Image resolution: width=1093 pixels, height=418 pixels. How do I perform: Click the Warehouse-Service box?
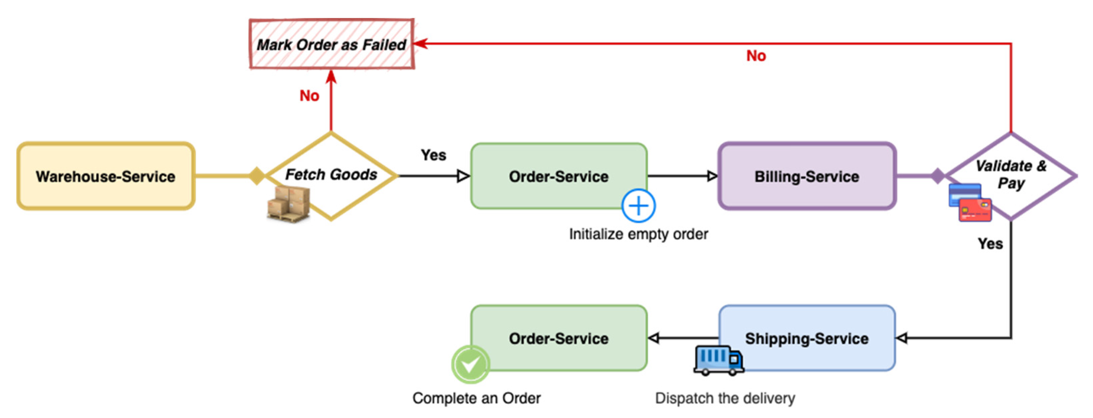tap(106, 176)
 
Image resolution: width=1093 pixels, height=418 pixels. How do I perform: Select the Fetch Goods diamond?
tap(331, 175)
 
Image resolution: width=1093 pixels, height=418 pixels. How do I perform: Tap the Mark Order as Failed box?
tap(331, 44)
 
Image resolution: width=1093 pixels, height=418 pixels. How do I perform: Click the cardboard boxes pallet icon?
tap(288, 204)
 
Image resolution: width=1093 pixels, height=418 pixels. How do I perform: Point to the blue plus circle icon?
tap(638, 206)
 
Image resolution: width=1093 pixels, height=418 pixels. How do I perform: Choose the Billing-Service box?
tap(807, 176)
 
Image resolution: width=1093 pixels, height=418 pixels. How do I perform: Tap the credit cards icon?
tap(970, 203)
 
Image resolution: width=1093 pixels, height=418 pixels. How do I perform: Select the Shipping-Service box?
tap(807, 338)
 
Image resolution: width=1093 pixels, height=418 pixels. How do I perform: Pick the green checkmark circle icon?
tap(471, 364)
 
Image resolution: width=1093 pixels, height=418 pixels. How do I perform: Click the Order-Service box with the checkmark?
tap(559, 338)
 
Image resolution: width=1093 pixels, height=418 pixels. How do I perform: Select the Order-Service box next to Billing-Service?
tap(559, 176)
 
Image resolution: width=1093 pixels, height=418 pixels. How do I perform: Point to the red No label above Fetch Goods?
tap(309, 96)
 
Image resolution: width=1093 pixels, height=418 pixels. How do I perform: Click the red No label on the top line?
tap(756, 55)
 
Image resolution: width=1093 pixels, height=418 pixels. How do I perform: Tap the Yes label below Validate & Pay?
tap(990, 244)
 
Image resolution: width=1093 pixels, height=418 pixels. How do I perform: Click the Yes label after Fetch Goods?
tap(433, 155)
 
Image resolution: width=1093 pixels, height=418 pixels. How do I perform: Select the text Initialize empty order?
tap(638, 234)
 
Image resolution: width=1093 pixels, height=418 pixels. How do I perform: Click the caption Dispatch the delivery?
tap(725, 398)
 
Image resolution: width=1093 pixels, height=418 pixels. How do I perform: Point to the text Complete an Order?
tap(477, 398)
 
